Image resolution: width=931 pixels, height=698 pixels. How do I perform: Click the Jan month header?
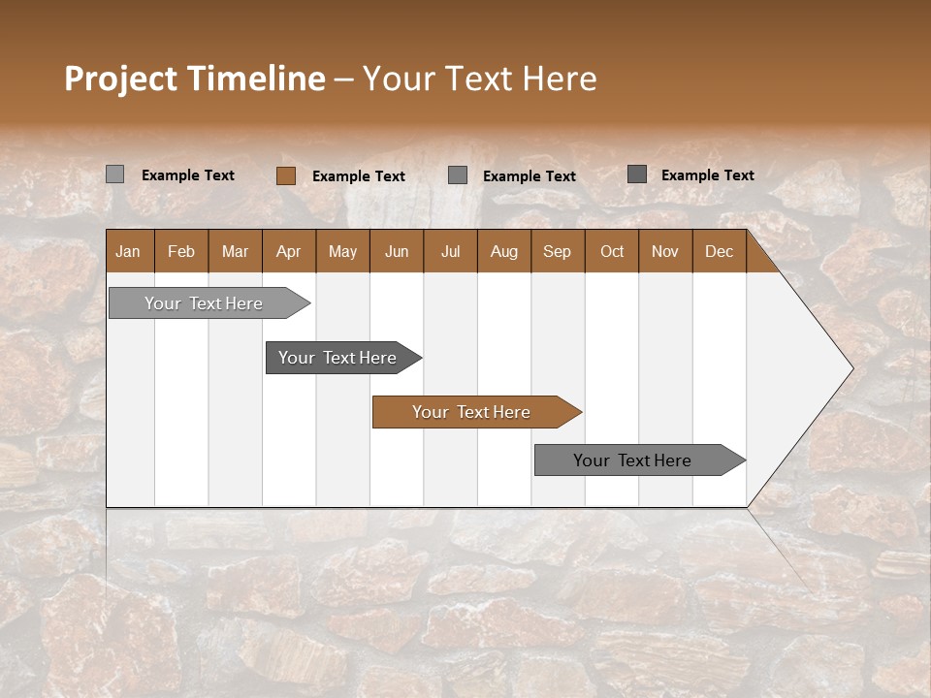click(x=129, y=252)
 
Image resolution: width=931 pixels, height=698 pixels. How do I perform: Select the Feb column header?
click(x=181, y=252)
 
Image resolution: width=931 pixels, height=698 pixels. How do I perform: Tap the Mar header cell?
click(x=235, y=252)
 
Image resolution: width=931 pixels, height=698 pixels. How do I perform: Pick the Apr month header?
click(x=289, y=252)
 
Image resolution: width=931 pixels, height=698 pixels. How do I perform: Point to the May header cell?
click(x=342, y=252)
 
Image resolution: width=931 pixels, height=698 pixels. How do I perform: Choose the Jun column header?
click(x=397, y=252)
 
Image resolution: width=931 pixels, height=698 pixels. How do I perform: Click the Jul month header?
click(x=450, y=252)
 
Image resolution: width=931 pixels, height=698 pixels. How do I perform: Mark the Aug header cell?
click(x=504, y=252)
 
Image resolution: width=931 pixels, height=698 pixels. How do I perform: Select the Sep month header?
click(x=558, y=252)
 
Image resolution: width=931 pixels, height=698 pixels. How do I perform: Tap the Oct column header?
click(x=612, y=252)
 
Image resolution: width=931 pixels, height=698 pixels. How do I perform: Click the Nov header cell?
click(x=665, y=252)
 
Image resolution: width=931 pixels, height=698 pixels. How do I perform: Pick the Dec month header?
click(x=720, y=252)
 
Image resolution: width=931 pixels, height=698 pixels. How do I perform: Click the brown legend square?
click(x=285, y=175)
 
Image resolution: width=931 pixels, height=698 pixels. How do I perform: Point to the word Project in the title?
click(x=121, y=79)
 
